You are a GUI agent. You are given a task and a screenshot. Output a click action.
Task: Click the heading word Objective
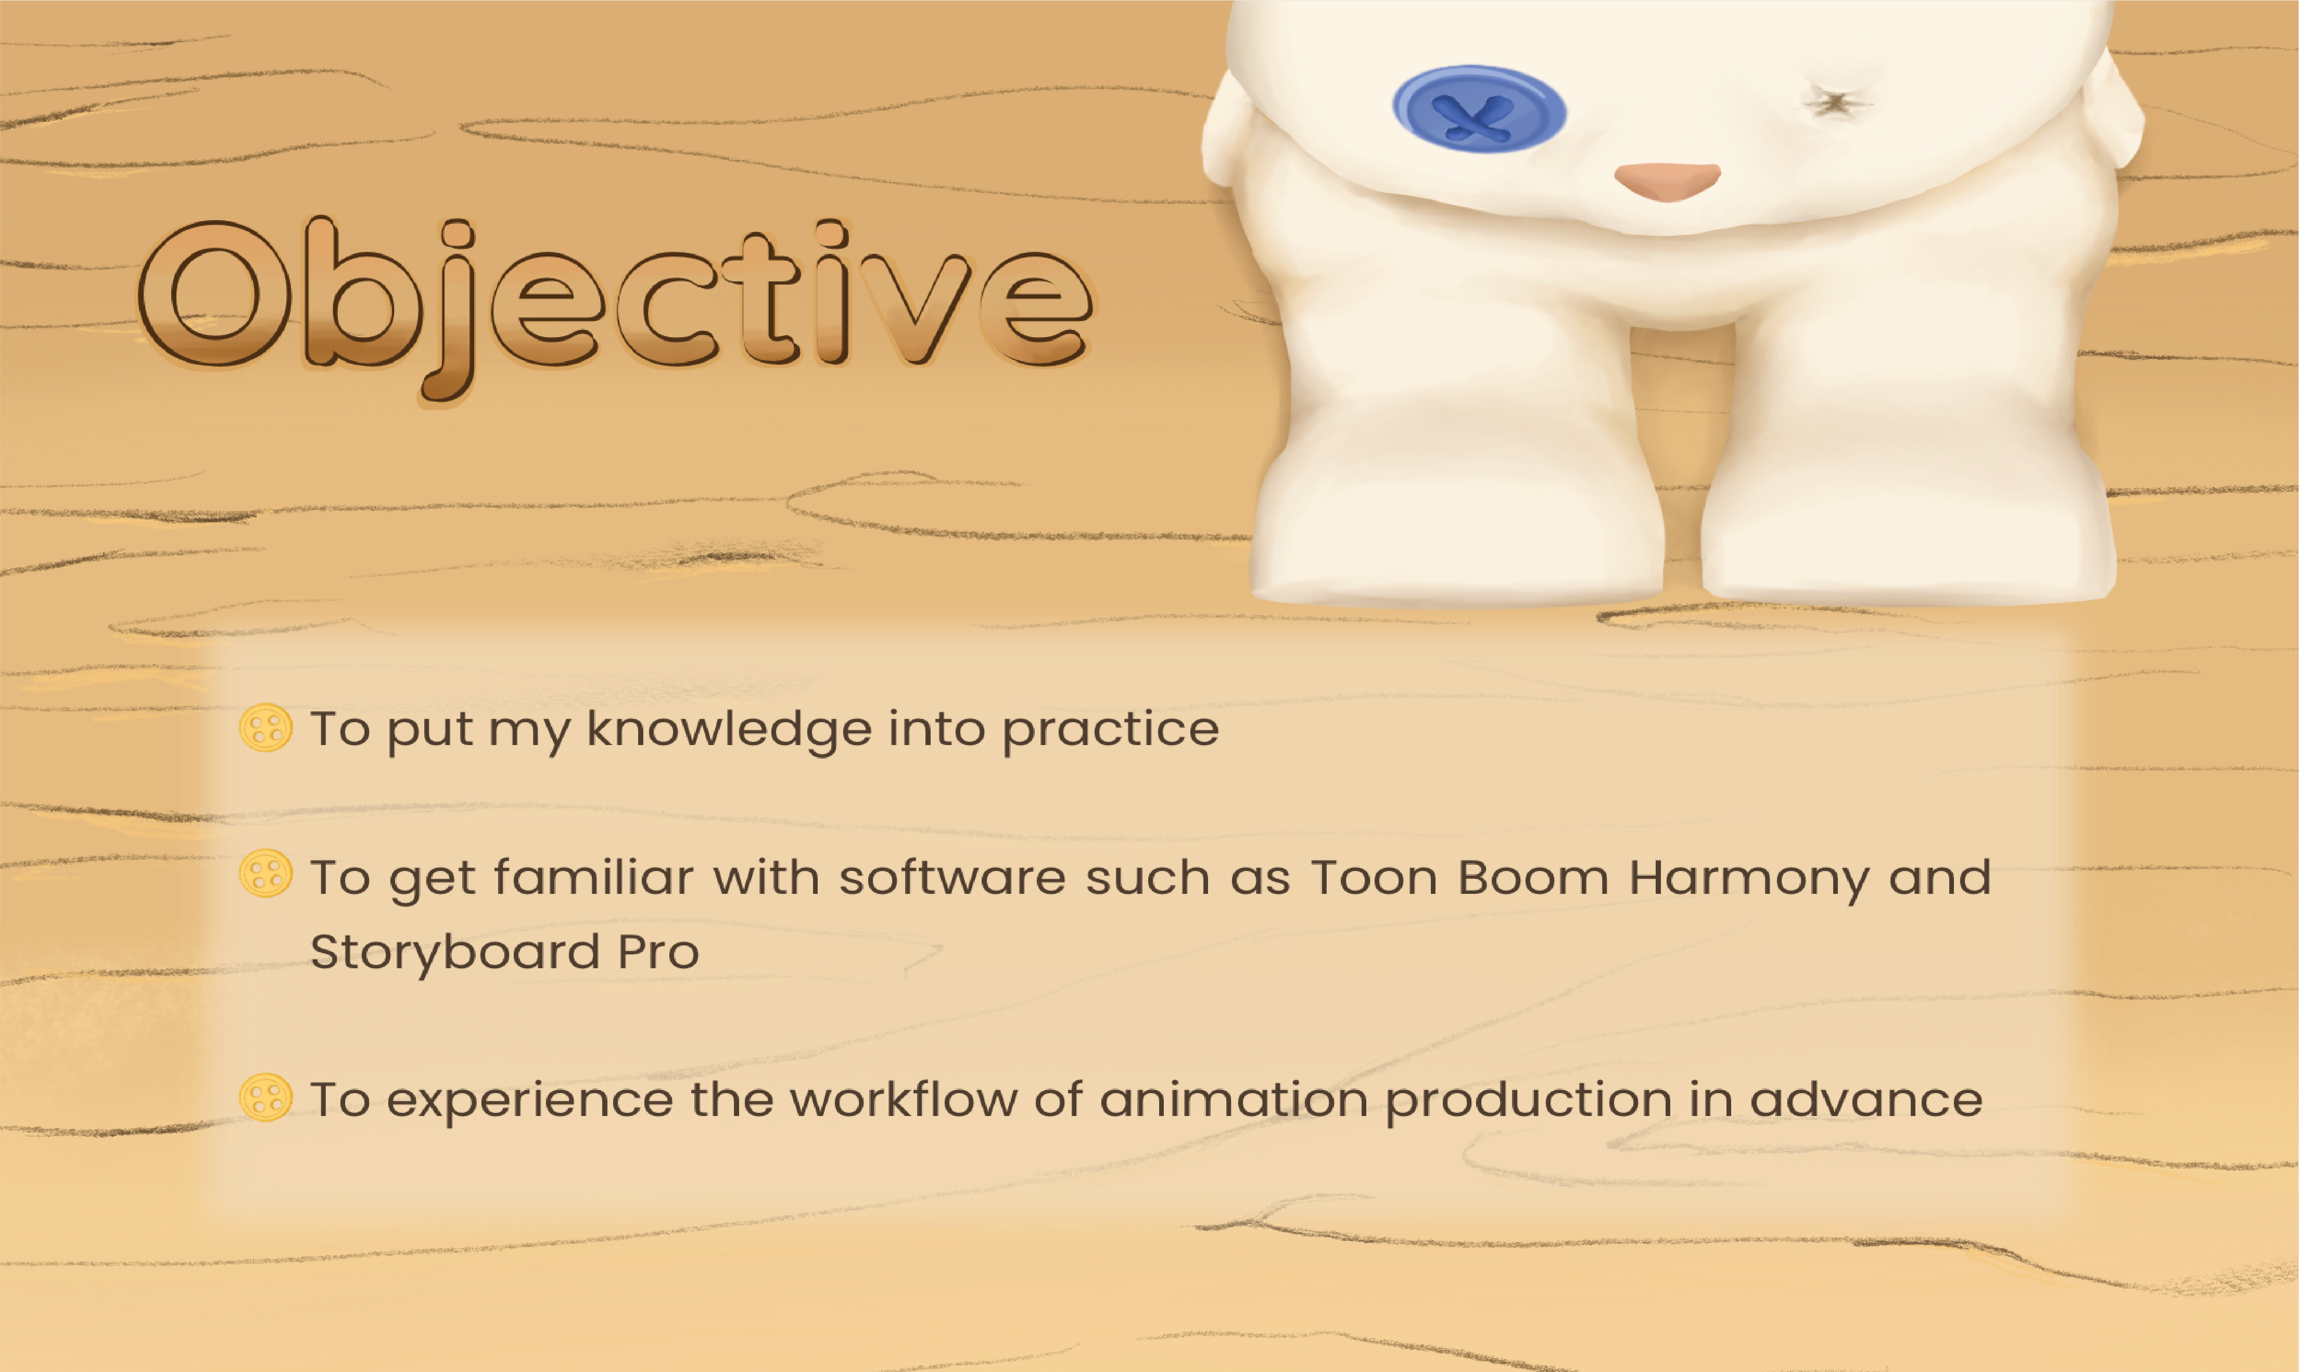(x=616, y=310)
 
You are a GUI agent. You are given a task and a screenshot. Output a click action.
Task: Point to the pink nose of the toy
(x=1667, y=181)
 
